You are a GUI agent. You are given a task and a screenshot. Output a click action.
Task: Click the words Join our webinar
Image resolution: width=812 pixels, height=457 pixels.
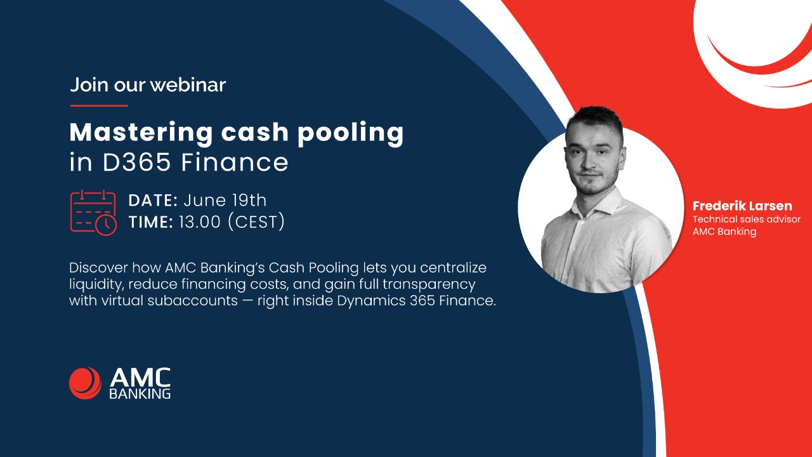point(147,84)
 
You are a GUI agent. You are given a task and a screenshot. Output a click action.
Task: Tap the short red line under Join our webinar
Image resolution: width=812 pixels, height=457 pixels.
point(98,105)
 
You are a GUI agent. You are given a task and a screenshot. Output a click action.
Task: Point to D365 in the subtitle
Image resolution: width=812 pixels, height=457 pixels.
point(138,163)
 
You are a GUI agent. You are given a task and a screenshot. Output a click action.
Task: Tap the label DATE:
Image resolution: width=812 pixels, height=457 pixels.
point(153,201)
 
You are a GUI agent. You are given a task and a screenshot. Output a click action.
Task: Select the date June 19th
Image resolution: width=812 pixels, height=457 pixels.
point(225,201)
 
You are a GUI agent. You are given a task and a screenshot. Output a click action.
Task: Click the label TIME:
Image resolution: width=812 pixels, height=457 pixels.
point(150,222)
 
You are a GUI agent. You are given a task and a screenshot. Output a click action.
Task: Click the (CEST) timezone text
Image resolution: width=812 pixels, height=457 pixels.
point(256,222)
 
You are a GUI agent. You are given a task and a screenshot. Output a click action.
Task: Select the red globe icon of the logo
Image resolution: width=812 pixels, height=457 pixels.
point(85,383)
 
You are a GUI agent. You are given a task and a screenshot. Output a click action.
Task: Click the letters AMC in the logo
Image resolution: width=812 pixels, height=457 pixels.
point(140,378)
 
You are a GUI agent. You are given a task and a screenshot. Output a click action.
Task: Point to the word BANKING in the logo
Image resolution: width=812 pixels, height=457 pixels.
point(140,394)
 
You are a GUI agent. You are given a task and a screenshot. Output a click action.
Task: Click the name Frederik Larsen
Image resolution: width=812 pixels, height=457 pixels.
point(742,206)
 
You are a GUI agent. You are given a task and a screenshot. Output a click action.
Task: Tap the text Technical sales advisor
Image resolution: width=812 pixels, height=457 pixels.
point(746,220)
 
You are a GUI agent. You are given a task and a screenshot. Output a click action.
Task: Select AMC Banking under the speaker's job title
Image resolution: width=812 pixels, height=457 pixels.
point(724,232)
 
